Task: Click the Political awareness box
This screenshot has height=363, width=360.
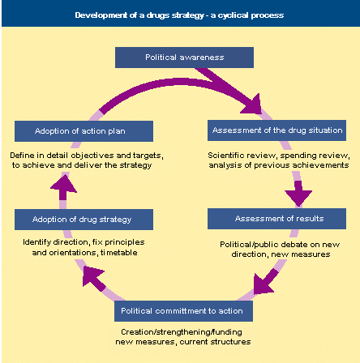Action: (184, 58)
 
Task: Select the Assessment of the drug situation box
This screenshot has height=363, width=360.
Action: (276, 130)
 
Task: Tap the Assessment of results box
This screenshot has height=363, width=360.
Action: (276, 219)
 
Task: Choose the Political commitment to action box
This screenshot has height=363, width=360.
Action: (183, 311)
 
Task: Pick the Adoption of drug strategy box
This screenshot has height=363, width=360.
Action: (84, 220)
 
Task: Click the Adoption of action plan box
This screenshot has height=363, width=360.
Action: (84, 131)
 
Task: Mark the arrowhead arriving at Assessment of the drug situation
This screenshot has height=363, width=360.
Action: (253, 105)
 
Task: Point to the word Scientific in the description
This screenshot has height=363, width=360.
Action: (224, 156)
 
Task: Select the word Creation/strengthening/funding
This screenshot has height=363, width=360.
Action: (182, 332)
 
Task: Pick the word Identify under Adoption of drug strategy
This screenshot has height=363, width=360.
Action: (37, 242)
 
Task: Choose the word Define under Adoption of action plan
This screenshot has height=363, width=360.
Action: (22, 156)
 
